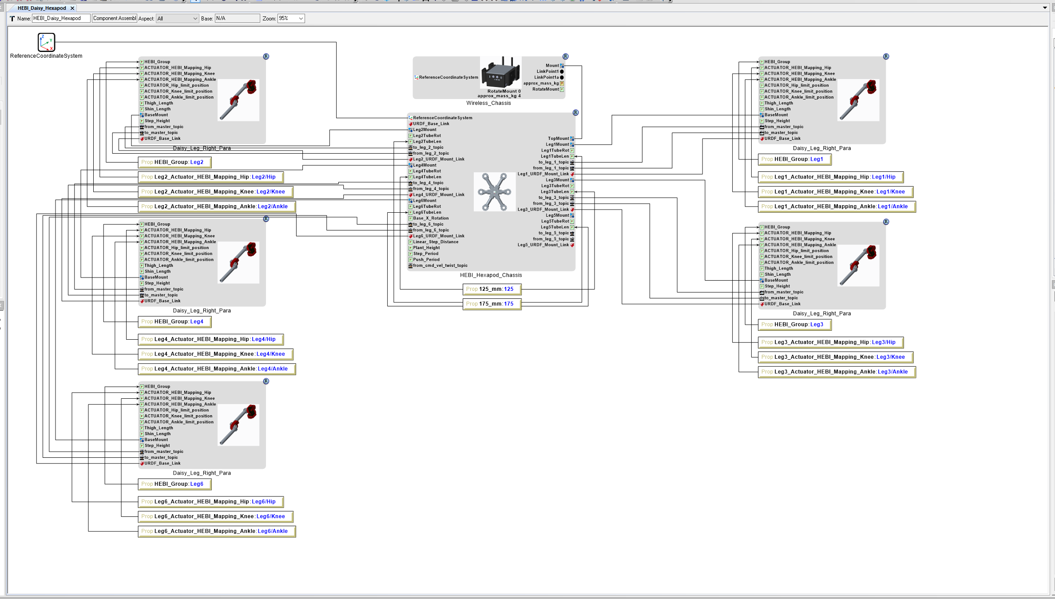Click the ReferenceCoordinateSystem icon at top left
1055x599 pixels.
click(x=46, y=42)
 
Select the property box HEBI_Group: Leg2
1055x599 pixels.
click(x=175, y=163)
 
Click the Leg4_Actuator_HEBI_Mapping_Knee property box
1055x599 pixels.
click(x=215, y=354)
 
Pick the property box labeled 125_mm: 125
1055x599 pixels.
click(x=492, y=290)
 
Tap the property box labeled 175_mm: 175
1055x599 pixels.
click(x=492, y=304)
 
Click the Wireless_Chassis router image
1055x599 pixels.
click(x=500, y=73)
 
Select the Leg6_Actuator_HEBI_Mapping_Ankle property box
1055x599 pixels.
click(x=217, y=532)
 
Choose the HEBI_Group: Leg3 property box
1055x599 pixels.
click(x=794, y=325)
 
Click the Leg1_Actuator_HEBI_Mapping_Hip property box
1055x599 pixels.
click(x=830, y=177)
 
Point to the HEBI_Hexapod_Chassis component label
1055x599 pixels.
click(x=491, y=275)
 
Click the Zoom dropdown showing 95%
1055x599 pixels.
click(x=291, y=19)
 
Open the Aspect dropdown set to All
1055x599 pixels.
click(x=177, y=19)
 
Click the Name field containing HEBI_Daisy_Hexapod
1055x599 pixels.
click(x=61, y=19)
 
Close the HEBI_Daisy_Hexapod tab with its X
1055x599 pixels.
click(x=72, y=8)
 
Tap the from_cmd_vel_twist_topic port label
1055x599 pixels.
click(x=440, y=266)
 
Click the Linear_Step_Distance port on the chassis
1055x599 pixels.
click(x=436, y=242)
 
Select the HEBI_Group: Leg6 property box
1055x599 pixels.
click(x=175, y=484)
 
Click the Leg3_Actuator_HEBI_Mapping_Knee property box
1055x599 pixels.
click(x=835, y=357)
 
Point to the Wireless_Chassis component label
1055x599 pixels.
click(x=488, y=103)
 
